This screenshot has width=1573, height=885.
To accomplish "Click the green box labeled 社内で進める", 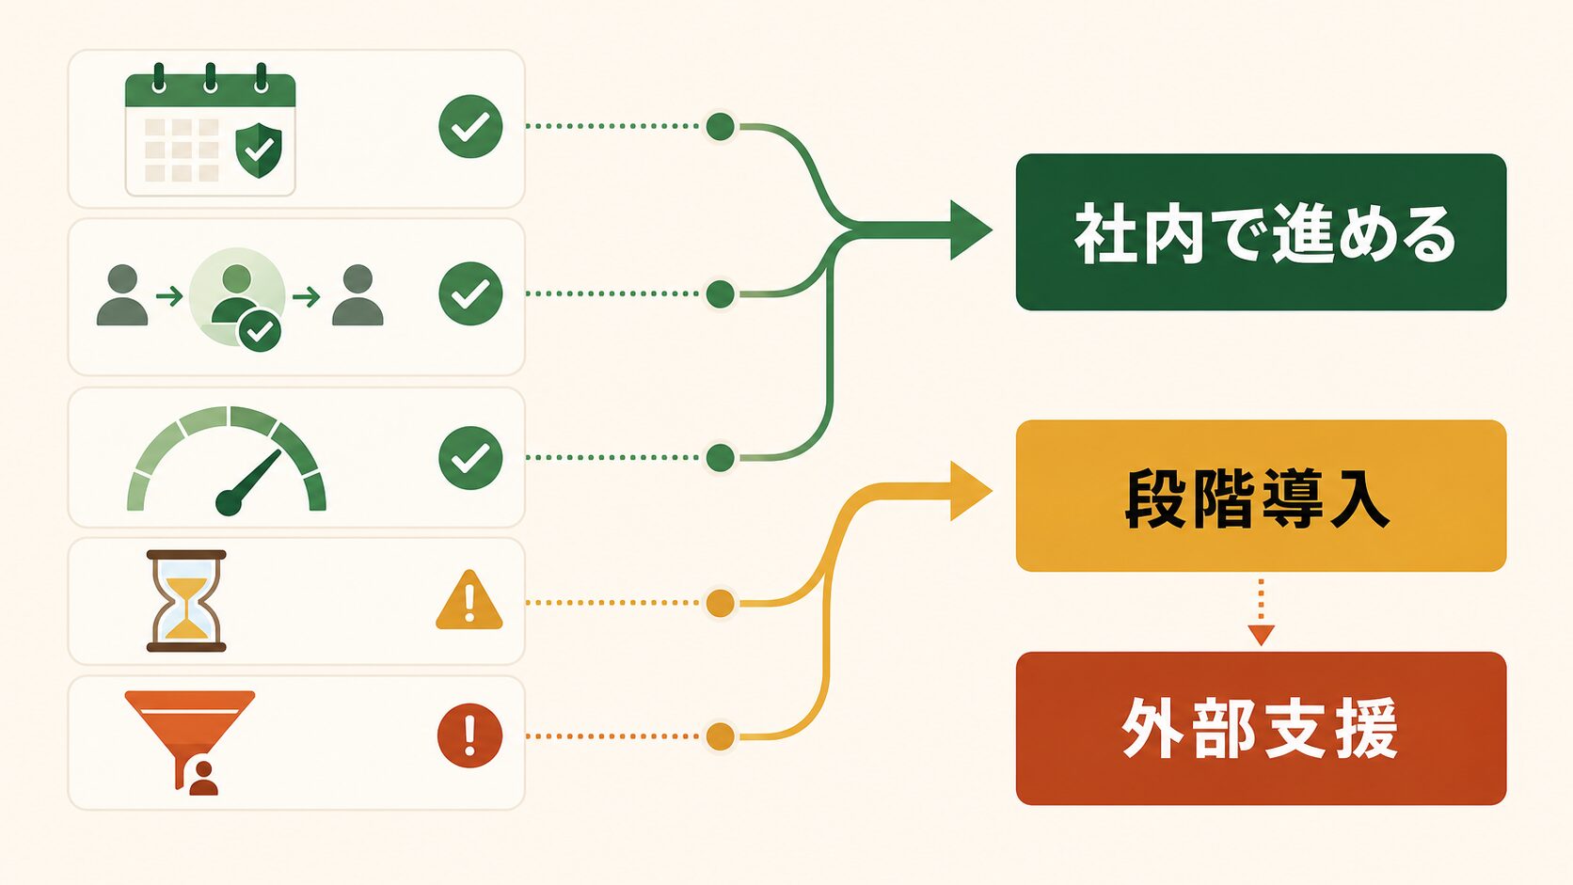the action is point(1261,231).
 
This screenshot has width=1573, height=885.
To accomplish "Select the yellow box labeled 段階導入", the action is point(1261,496).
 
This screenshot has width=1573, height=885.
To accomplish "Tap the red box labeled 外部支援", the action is point(1261,729).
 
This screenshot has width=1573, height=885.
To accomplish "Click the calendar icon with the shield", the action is point(210,130).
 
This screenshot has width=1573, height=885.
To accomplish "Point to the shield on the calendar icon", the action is point(259,150).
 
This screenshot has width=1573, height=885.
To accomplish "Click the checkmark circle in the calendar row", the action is point(470,126).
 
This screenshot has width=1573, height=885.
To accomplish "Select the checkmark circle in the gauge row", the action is point(470,458).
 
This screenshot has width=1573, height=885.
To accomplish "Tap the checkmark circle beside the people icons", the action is point(470,293).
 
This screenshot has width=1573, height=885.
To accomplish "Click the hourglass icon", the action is point(186,601).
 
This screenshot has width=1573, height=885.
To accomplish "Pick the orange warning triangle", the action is point(469,601).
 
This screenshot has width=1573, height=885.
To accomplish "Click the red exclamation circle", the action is point(469,735).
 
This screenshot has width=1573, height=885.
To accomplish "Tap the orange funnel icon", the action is point(190,743).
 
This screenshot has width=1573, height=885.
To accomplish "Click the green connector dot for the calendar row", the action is point(720,126).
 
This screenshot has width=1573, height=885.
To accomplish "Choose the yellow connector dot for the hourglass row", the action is point(720,603).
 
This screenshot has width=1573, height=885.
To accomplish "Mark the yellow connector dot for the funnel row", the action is point(720,736).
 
